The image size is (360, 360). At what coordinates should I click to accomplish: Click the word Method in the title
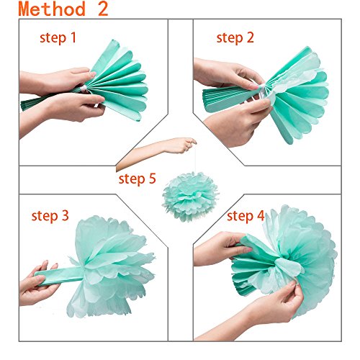click(52, 9)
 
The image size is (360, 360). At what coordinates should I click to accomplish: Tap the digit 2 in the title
click(103, 9)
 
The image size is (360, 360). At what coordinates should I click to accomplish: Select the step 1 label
click(58, 38)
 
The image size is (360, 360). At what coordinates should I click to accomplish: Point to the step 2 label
click(235, 38)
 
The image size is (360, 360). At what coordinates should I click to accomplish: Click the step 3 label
click(50, 216)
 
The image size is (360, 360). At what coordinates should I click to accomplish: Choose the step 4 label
click(246, 216)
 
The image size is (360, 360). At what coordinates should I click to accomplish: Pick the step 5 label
click(138, 179)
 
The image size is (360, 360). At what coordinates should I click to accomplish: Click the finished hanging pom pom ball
click(190, 197)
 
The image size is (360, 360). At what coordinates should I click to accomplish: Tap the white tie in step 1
click(84, 89)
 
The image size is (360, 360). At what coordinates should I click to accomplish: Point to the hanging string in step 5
click(195, 158)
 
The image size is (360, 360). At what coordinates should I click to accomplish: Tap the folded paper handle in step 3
click(60, 276)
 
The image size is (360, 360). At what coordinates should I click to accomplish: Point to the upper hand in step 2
click(228, 73)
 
